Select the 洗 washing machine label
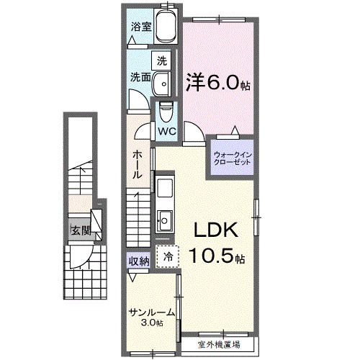(163, 60)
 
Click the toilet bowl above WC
(166, 112)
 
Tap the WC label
(167, 132)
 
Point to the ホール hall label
(138, 165)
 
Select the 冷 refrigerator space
(168, 256)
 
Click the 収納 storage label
(139, 261)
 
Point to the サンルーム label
(153, 312)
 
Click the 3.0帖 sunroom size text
(153, 323)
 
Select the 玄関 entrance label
(80, 231)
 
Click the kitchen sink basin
(163, 217)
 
